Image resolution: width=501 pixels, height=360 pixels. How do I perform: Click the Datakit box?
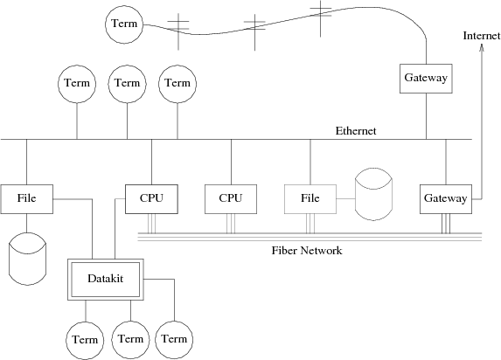point(106,280)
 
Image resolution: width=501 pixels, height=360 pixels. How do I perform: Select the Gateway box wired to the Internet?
point(446,199)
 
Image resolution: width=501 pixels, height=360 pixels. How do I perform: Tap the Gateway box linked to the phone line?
point(426,79)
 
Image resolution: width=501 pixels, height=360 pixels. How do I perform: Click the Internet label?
point(482,36)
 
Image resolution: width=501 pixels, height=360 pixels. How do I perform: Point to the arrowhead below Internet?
point(482,47)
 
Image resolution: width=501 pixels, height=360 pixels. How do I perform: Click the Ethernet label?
point(356,131)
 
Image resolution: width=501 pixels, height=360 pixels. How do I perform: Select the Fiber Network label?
point(307,251)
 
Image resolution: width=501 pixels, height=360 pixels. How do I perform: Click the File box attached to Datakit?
point(27,199)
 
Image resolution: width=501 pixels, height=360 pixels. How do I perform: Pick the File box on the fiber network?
point(310,199)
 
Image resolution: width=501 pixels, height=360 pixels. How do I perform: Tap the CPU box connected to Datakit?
point(151,199)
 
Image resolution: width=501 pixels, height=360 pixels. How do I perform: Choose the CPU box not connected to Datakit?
point(231,199)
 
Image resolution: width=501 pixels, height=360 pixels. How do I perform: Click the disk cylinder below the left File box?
point(27,259)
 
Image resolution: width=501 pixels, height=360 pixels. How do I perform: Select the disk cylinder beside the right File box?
point(374,194)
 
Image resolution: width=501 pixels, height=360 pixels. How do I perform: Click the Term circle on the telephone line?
point(124,24)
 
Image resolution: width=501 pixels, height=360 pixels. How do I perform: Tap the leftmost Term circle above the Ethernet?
point(77,84)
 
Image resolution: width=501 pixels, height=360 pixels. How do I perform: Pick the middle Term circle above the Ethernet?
point(127,84)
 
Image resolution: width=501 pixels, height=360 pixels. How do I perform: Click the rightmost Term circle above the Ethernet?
point(177,84)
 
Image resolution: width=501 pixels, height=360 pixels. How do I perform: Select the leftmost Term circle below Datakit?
point(85,340)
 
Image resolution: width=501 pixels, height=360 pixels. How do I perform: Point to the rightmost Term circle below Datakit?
point(174,340)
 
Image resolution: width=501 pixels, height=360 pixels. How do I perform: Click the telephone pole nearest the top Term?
point(178,31)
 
